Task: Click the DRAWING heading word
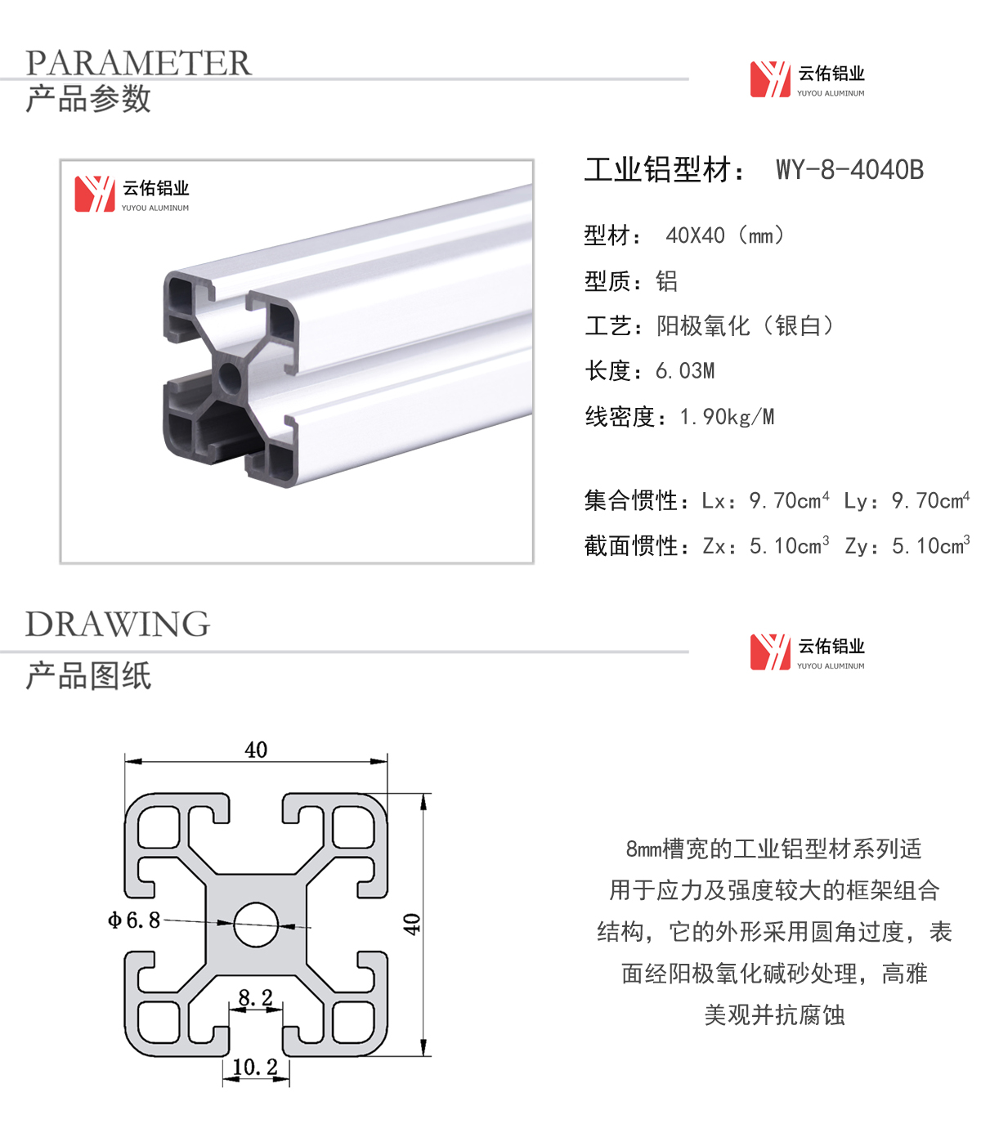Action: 118,624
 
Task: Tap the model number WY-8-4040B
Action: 849,169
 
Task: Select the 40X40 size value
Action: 695,236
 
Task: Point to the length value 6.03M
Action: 685,371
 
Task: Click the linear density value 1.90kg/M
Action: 727,417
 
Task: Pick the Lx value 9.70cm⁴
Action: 789,500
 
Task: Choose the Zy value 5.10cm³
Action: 930,545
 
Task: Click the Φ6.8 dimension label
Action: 134,920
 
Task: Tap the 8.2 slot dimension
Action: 255,997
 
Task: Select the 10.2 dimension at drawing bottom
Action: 255,1067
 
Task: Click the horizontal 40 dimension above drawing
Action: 256,750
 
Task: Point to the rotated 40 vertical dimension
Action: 412,925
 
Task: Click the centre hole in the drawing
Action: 256,925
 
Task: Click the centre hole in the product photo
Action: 230,378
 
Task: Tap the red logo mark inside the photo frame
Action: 95,194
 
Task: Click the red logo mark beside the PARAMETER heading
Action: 770,79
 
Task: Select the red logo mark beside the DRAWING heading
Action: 770,652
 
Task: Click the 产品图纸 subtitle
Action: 88,675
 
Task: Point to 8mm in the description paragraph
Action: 643,849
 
